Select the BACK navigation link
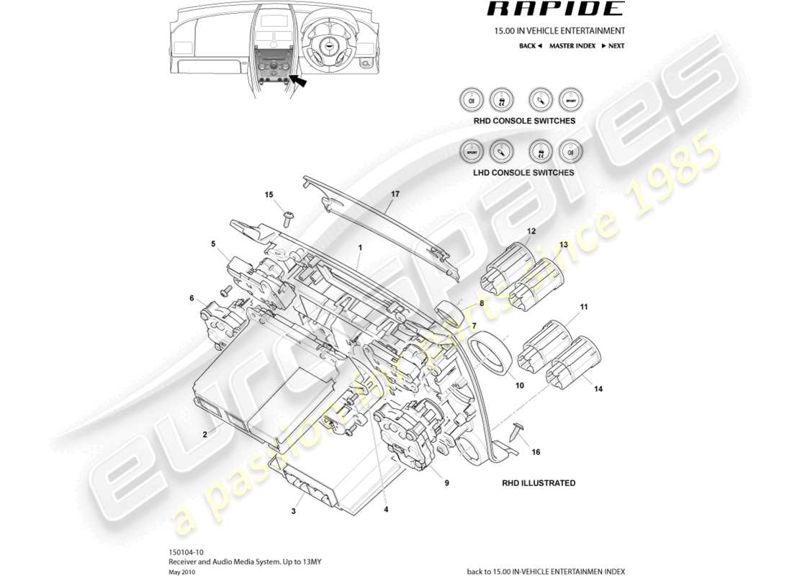click(x=530, y=46)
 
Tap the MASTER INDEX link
click(x=572, y=46)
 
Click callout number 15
click(x=269, y=195)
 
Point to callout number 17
click(x=395, y=194)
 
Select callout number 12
click(x=531, y=231)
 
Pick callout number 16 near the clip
click(x=536, y=452)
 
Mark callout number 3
click(x=294, y=511)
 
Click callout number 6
click(x=192, y=298)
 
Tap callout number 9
click(x=446, y=483)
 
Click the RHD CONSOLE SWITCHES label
click(x=524, y=121)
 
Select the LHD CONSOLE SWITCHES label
click(x=524, y=173)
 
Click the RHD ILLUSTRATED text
click(x=539, y=483)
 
